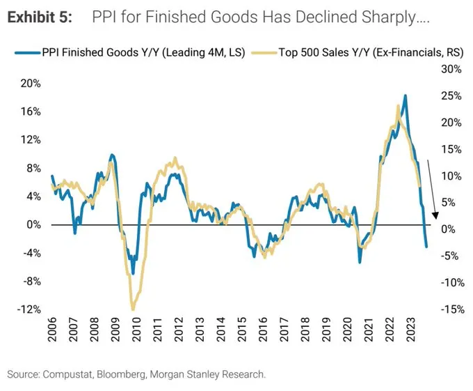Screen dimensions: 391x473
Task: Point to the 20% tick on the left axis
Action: coord(31,83)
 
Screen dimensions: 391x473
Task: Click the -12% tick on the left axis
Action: coord(29,309)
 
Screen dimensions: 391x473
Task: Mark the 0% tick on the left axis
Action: coord(33,224)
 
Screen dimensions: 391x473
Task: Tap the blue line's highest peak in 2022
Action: coord(406,95)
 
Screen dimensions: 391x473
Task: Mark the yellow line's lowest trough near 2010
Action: coord(133,309)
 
